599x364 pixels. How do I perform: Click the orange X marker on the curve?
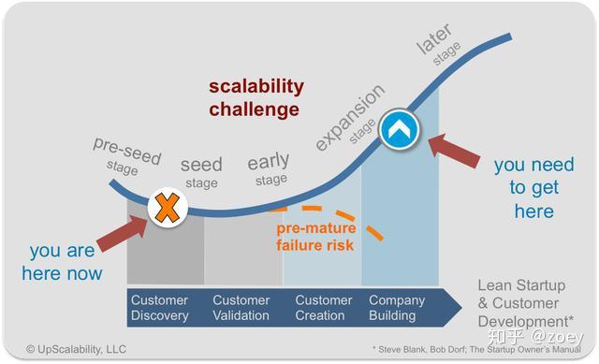166,207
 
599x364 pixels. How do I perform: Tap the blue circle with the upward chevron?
400,131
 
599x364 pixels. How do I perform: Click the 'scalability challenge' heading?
256,97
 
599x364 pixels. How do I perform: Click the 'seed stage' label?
201,172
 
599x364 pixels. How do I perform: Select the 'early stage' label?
269,169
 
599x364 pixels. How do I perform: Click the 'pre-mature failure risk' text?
314,237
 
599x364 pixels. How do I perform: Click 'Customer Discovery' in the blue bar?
159,309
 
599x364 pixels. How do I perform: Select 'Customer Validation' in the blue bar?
241,309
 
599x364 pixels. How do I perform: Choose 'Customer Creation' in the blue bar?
324,309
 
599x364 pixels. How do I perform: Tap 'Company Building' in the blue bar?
398,309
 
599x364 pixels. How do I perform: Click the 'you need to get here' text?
534,187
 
